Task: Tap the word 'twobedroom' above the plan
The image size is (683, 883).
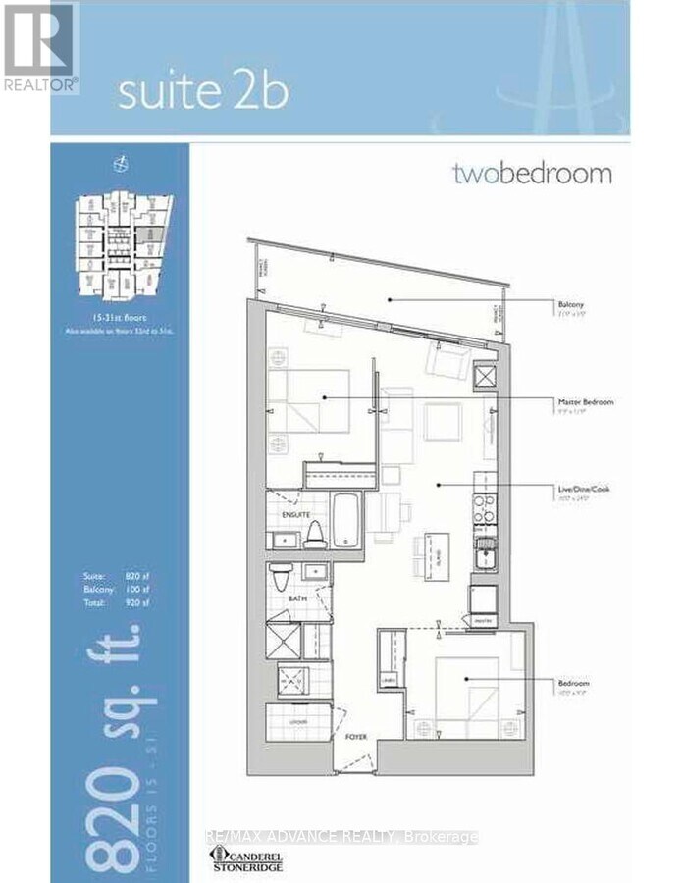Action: (532, 175)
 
